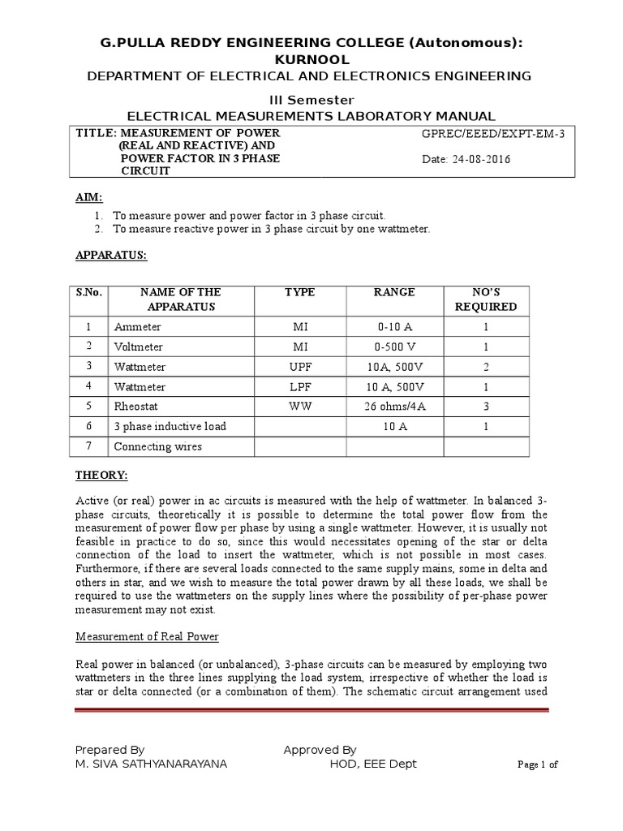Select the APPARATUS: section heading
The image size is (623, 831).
coord(111,254)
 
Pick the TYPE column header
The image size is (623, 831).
coord(300,292)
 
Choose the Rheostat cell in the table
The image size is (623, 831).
coord(135,407)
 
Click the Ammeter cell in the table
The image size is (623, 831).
coord(137,327)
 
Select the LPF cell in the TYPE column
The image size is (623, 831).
coord(300,386)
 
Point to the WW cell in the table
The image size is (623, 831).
coord(300,407)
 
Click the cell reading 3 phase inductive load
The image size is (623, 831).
coord(170,426)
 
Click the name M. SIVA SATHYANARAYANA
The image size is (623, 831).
coord(151,764)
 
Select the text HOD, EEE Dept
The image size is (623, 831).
coord(372,764)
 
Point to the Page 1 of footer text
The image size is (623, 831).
coord(538,765)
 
